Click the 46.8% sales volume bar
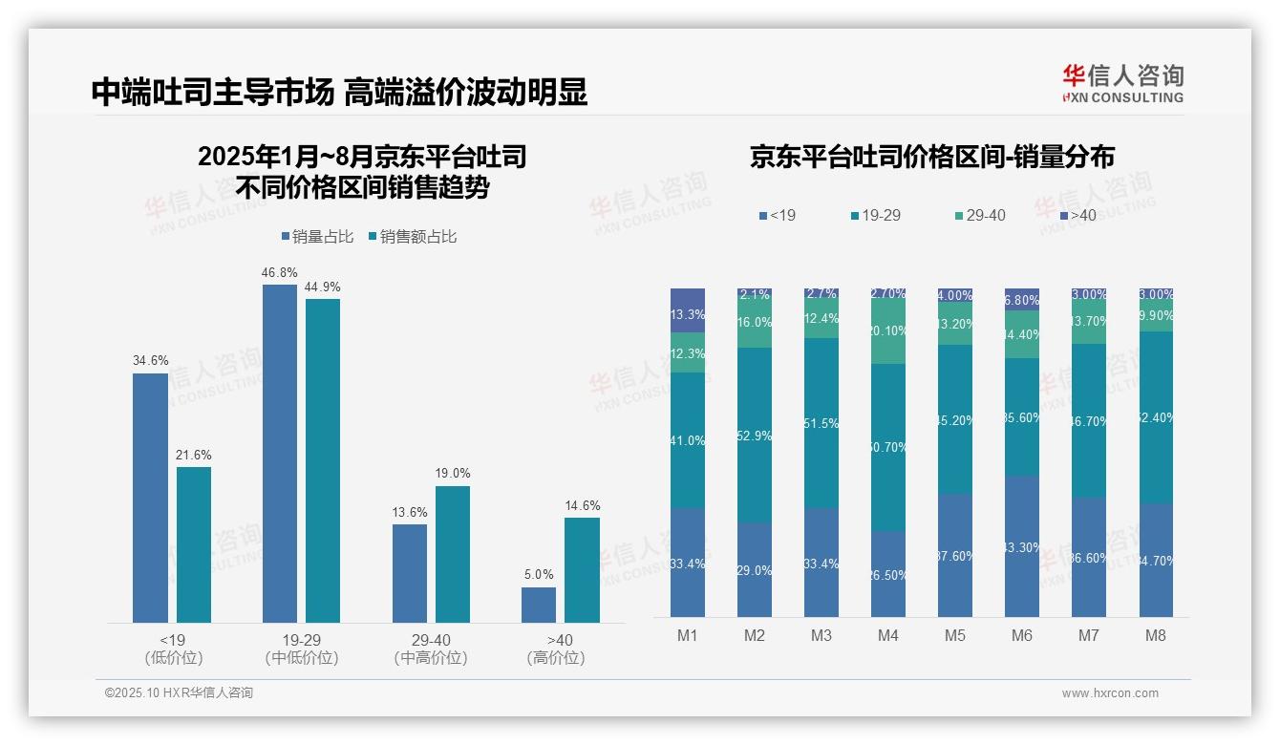(x=280, y=454)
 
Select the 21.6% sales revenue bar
(x=194, y=544)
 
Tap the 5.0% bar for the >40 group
(x=539, y=605)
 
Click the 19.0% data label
(x=453, y=474)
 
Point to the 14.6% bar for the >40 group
(x=582, y=570)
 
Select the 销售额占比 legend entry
(x=412, y=237)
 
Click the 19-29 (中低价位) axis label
(x=302, y=649)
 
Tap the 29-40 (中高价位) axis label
(x=431, y=649)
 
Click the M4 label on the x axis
(x=887, y=635)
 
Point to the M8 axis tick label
(x=1155, y=635)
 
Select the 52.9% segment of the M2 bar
(x=755, y=435)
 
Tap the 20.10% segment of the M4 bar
(x=888, y=331)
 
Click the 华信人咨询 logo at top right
(x=1122, y=83)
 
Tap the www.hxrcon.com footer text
(x=1110, y=693)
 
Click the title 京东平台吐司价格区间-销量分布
(x=931, y=157)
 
